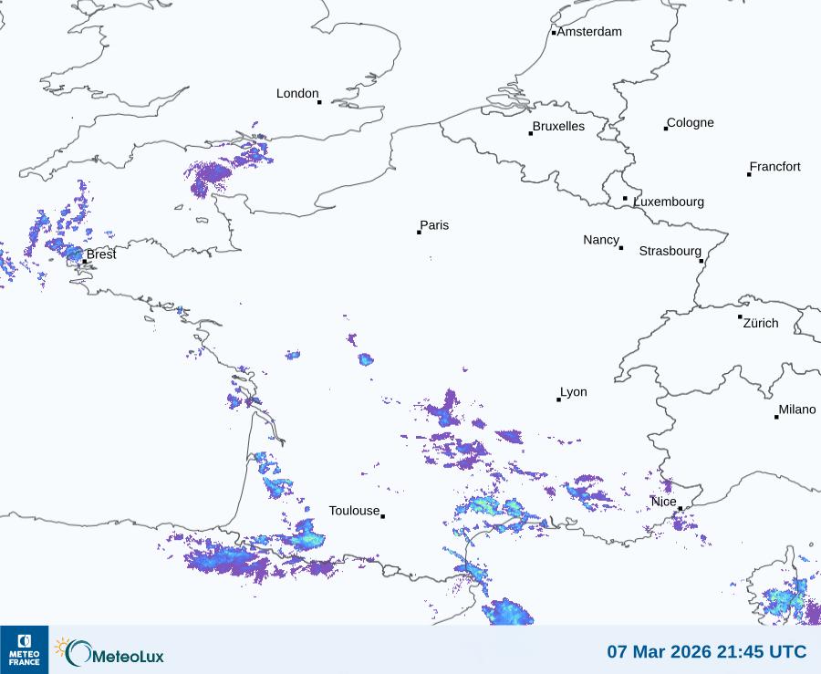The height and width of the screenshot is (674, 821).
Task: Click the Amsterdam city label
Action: point(589,32)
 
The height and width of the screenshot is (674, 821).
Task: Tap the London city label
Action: point(297,94)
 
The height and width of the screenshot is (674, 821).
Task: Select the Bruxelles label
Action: point(558,127)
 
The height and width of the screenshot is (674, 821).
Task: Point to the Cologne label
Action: point(691,123)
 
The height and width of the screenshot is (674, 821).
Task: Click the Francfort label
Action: point(775,167)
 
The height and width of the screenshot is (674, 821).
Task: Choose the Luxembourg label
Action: point(669,202)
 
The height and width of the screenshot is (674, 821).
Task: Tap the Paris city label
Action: point(434,225)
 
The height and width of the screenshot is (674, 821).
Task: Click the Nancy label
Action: point(601,240)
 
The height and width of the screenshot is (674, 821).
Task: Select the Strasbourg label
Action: point(670,251)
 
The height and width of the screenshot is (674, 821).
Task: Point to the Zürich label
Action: point(761,323)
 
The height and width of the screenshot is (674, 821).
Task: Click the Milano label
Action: point(797,410)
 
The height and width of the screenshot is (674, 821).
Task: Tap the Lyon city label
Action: point(574,392)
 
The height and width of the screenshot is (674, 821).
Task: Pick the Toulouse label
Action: point(354,511)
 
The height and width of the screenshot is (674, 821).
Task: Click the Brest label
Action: point(101,254)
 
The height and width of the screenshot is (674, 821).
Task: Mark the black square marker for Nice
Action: point(681,509)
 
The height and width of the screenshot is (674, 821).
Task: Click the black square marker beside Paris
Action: point(419,233)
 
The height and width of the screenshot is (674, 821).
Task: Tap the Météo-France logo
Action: point(24,649)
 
